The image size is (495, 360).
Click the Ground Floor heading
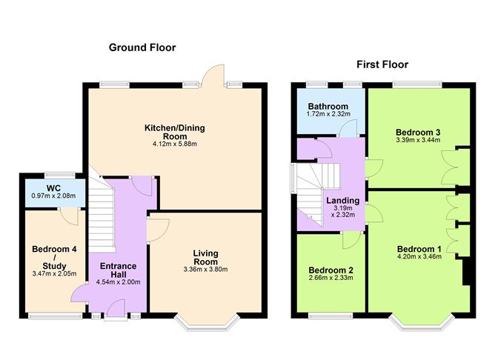click(142, 47)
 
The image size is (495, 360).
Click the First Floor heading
click(382, 64)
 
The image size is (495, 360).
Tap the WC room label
click(53, 188)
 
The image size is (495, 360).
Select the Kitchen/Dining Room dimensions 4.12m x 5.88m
click(175, 144)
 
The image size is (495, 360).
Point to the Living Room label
click(205, 258)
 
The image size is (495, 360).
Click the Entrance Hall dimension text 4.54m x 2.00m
click(118, 282)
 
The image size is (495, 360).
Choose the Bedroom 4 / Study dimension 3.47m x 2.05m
click(54, 274)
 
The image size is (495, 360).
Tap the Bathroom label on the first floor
click(328, 107)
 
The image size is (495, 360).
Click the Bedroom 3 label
click(418, 132)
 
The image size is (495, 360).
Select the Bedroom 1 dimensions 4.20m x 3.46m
click(419, 256)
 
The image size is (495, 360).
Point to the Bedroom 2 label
click(330, 270)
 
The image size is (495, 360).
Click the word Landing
click(343, 201)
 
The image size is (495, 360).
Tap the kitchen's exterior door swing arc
click(213, 75)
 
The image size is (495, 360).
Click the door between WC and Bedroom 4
click(69, 217)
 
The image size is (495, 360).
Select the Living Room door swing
click(159, 230)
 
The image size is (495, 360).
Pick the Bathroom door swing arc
click(348, 128)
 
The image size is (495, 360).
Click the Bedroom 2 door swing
click(352, 241)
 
